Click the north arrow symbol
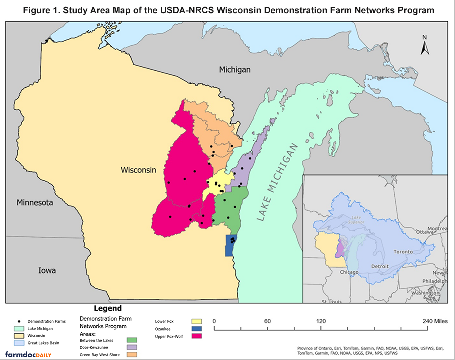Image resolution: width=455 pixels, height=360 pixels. point(424,45)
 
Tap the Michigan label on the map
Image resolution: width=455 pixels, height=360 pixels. point(235,70)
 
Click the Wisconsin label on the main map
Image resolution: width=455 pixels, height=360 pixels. point(138,170)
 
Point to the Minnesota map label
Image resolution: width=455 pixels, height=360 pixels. point(34,203)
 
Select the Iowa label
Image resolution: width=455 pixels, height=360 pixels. point(47,270)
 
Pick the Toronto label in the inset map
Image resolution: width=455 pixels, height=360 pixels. point(403,252)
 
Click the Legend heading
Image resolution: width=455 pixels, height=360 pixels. point(107,308)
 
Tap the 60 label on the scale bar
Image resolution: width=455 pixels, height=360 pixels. point(267,321)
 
